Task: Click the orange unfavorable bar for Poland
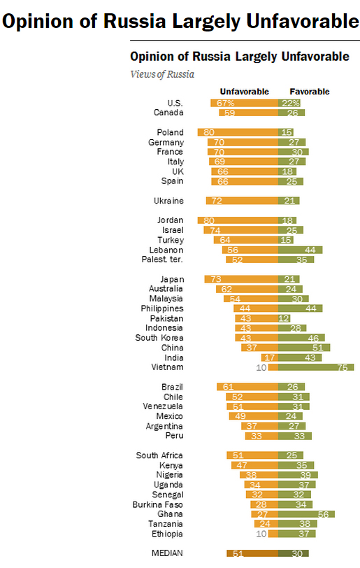click(x=238, y=132)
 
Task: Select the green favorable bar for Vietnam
click(x=316, y=367)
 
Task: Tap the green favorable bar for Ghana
click(x=306, y=514)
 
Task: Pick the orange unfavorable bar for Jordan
click(x=238, y=220)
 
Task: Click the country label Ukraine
click(x=168, y=201)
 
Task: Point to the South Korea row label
click(x=159, y=338)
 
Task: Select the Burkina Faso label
click(x=157, y=504)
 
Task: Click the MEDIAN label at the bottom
click(x=167, y=553)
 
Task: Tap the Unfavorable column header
click(x=245, y=92)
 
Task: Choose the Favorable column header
click(x=310, y=92)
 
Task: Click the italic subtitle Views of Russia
click(x=162, y=74)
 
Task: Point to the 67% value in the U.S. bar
click(x=225, y=104)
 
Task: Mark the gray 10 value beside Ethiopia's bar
click(x=261, y=534)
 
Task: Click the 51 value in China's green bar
click(x=317, y=348)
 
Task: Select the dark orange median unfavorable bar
click(x=252, y=553)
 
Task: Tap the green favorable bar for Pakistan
click(x=285, y=318)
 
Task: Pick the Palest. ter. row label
click(x=162, y=260)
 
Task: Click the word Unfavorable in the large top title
click(x=303, y=21)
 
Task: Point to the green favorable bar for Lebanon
click(x=301, y=250)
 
